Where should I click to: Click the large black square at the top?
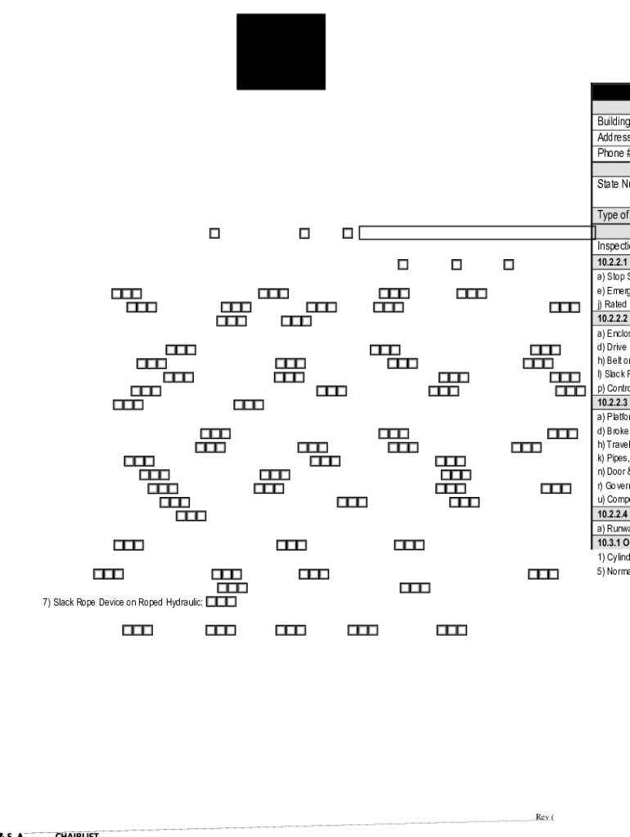[x=281, y=51]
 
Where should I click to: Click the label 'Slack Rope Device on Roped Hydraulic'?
[x=123, y=602]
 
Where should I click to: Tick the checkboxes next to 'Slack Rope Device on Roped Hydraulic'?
[x=221, y=602]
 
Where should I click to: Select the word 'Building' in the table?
[x=613, y=122]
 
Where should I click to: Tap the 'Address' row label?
[x=613, y=137]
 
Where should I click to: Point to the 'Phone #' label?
[x=613, y=153]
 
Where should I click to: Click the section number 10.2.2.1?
[x=612, y=262]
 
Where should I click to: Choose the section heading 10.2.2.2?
[x=612, y=319]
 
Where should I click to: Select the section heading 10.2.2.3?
[x=612, y=402]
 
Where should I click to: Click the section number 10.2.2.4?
[x=612, y=514]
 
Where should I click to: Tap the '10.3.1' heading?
[x=613, y=543]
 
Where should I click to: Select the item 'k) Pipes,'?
[x=613, y=458]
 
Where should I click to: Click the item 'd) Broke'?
[x=613, y=431]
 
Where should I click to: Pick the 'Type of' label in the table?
[x=613, y=216]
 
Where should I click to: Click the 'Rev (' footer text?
[x=545, y=817]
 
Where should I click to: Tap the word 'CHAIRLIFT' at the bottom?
[x=77, y=835]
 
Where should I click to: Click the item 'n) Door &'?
[x=613, y=472]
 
